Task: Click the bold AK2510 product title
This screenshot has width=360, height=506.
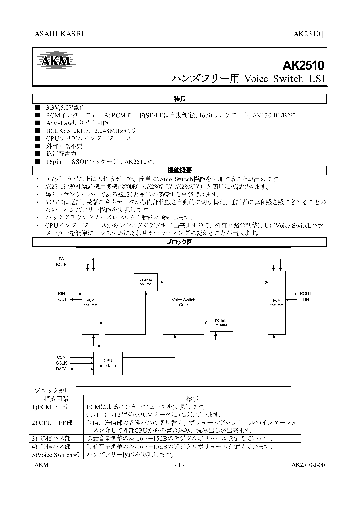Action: click(303, 65)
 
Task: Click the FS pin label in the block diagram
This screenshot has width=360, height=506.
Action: click(61, 259)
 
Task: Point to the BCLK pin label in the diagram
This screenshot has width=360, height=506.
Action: click(61, 264)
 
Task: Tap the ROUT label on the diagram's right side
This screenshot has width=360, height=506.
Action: click(305, 294)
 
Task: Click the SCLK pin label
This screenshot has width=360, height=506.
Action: click(61, 363)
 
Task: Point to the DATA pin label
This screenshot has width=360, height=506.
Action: click(61, 369)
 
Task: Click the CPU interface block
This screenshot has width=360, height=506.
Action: click(108, 363)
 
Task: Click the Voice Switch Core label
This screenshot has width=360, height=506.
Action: click(183, 301)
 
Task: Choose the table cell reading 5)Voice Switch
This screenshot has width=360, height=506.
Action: click(56, 455)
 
